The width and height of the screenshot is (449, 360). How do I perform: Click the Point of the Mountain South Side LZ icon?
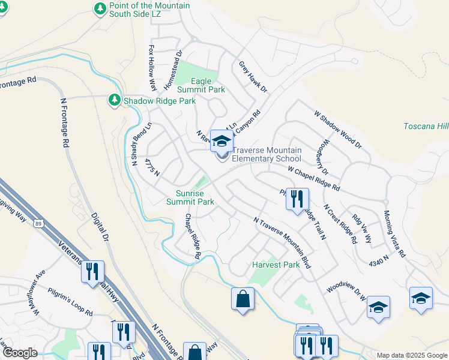(x=100, y=8)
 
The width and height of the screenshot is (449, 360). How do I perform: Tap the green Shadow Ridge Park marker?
(x=114, y=100)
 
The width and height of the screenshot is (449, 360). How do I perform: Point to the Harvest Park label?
(x=276, y=265)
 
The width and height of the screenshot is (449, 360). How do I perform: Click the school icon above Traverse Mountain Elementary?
(x=221, y=142)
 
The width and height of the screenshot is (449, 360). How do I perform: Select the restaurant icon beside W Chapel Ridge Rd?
(x=297, y=199)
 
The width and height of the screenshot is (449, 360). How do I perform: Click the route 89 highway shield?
(x=38, y=223)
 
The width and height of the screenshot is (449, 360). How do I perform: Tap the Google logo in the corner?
(x=20, y=353)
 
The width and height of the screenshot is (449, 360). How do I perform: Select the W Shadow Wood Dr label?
(x=338, y=129)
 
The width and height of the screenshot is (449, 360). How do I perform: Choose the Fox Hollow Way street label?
(x=152, y=67)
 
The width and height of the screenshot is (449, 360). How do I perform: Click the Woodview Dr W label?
(x=346, y=284)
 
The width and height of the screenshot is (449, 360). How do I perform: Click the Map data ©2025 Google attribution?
(x=411, y=355)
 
